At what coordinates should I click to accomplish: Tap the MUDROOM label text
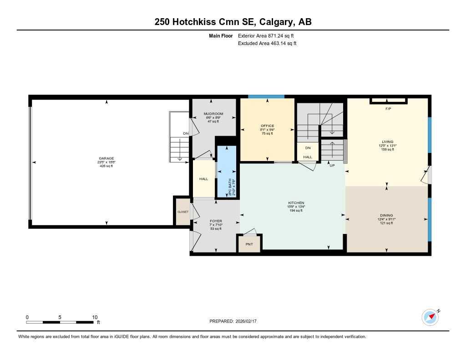tap(213, 114)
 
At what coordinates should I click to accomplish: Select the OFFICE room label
tap(267, 126)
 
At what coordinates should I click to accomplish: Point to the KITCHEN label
tap(296, 203)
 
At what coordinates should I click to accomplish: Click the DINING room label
tap(386, 215)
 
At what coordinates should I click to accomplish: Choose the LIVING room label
tap(388, 142)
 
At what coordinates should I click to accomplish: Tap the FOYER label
tap(216, 221)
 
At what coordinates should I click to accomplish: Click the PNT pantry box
tap(249, 244)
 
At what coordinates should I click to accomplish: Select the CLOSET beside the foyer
tap(182, 212)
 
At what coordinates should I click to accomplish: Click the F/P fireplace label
tap(388, 109)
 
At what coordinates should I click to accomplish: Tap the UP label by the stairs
tap(332, 165)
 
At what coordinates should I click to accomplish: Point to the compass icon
tap(430, 317)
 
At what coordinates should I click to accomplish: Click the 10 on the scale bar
tap(95, 317)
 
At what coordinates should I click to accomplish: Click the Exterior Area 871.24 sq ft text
tap(269, 35)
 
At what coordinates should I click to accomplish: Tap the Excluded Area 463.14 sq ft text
tap(268, 44)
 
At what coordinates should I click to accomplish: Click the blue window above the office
tap(266, 96)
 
